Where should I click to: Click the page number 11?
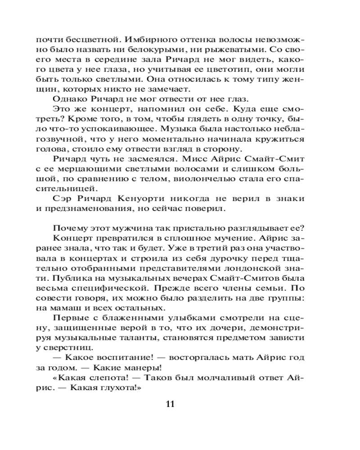pyautogui.click(x=170, y=403)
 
